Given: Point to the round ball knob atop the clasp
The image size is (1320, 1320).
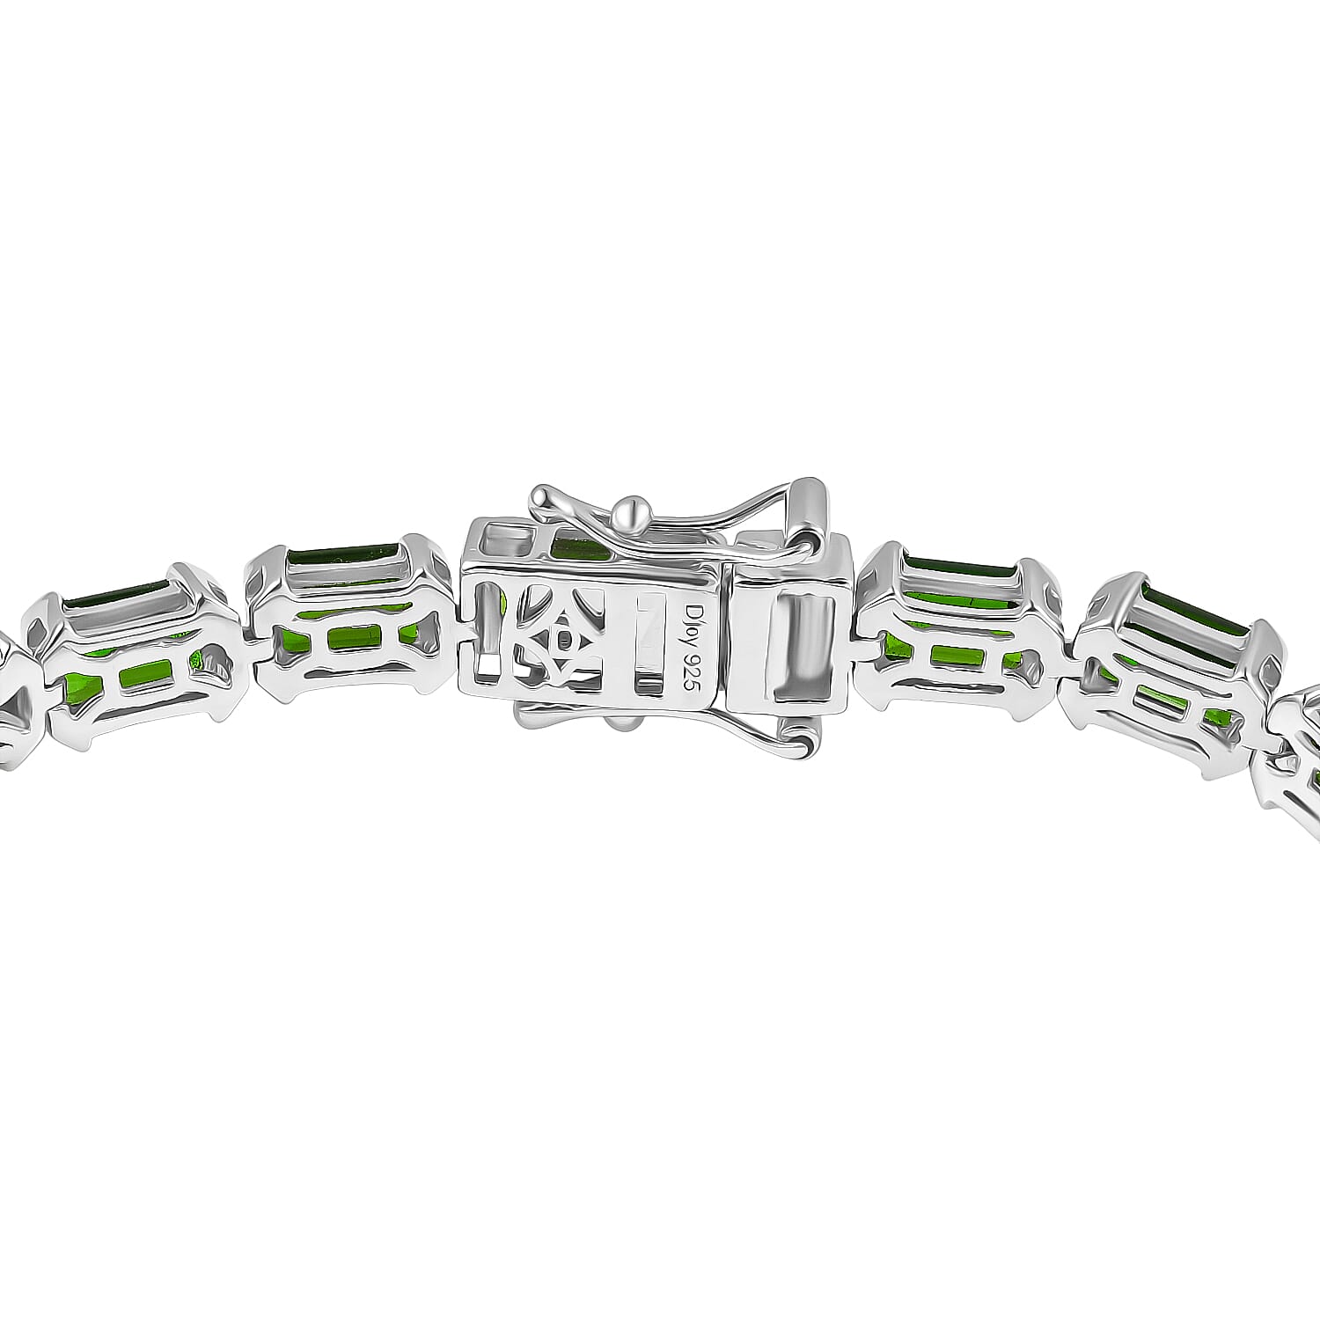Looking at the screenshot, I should pyautogui.click(x=635, y=510).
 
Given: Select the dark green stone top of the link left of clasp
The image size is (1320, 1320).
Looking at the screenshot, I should pyautogui.click(x=343, y=556).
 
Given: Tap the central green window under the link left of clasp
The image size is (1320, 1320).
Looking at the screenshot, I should pyautogui.click(x=350, y=638).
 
